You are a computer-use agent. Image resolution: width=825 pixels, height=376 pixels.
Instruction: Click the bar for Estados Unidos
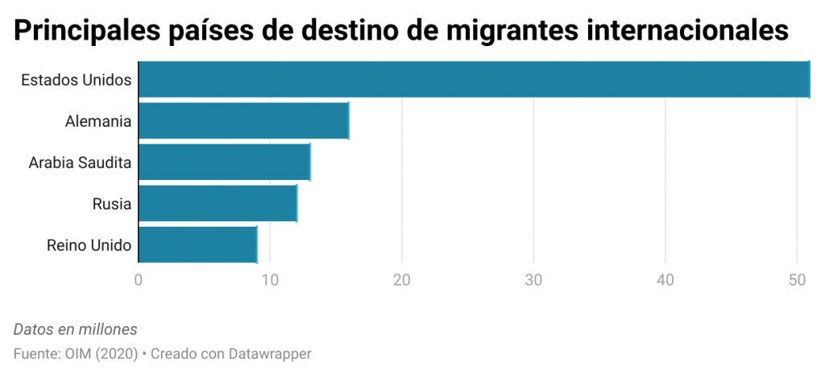(474, 79)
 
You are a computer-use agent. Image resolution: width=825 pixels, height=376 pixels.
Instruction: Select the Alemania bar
(243, 121)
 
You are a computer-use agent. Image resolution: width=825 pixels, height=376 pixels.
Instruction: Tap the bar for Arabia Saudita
(224, 163)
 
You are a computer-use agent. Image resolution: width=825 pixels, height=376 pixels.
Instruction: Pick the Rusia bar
(218, 203)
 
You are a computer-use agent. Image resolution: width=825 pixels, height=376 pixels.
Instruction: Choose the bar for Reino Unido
(197, 245)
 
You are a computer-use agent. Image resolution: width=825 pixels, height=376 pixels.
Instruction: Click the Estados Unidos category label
(77, 80)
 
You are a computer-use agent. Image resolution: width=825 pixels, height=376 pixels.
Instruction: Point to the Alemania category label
(98, 122)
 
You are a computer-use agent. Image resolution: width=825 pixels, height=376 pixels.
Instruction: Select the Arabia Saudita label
(80, 163)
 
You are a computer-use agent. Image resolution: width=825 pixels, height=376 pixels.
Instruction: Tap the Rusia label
(112, 204)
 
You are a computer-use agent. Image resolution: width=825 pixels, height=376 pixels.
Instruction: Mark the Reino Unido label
(89, 245)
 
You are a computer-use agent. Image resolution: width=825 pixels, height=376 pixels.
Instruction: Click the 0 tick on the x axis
(139, 280)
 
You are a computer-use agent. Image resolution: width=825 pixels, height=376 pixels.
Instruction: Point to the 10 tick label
(270, 280)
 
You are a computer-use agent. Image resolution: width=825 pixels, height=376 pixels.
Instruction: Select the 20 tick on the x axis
(401, 280)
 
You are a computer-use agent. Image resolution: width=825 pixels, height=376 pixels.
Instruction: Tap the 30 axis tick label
(533, 280)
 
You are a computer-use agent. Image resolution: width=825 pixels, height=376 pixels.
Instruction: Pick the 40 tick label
(665, 280)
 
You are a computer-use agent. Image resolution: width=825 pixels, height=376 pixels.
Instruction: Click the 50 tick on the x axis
(797, 280)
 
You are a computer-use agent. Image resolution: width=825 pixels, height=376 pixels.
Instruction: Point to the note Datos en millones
(76, 329)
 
